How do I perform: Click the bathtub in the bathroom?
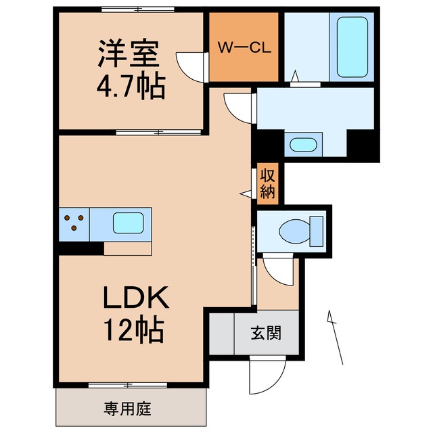(352, 46)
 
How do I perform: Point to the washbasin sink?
(302, 144)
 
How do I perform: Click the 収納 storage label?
(267, 183)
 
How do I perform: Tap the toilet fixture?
(302, 230)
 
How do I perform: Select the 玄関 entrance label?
(267, 333)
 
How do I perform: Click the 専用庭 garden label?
(128, 409)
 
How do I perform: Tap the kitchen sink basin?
(127, 223)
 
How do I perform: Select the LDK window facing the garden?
(128, 385)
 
